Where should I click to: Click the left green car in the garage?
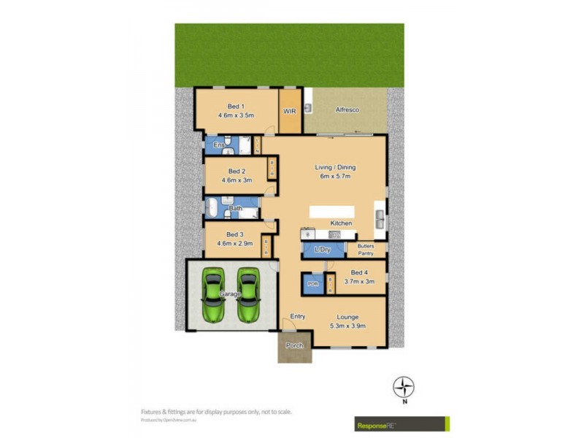click(214, 296)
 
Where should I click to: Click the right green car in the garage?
click(248, 296)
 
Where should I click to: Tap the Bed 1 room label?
click(235, 106)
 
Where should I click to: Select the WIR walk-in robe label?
click(290, 112)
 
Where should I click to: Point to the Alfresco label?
click(346, 110)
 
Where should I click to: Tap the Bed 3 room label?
click(235, 234)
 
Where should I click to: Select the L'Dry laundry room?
click(323, 250)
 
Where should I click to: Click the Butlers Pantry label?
click(366, 250)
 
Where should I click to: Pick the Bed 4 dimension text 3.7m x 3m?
click(361, 282)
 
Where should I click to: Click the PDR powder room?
click(312, 283)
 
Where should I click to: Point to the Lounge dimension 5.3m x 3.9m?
click(347, 326)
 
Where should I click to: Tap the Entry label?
click(297, 316)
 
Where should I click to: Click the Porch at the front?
click(294, 346)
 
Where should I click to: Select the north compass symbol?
click(404, 386)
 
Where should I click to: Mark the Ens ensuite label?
click(218, 146)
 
